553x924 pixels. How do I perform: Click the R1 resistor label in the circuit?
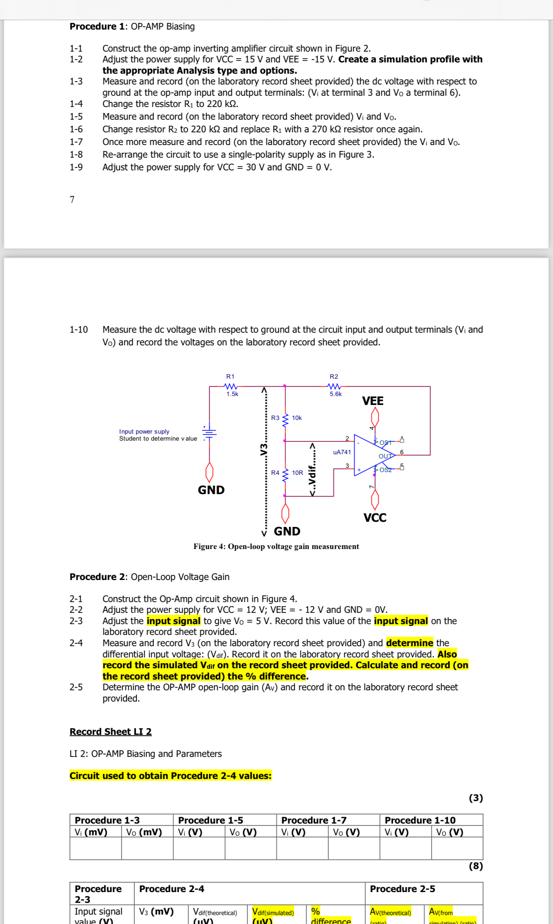click(x=230, y=376)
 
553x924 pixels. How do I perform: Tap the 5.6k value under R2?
click(x=335, y=394)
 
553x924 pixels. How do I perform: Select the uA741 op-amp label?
click(x=342, y=452)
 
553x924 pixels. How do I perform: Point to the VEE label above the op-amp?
click(x=373, y=401)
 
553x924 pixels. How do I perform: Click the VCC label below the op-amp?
click(x=375, y=518)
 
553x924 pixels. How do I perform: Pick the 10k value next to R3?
click(x=297, y=418)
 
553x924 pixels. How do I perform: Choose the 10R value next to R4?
click(x=297, y=473)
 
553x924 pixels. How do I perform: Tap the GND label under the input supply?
click(x=211, y=490)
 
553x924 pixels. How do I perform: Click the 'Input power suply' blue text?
click(x=144, y=431)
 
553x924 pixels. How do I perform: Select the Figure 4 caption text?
click(x=276, y=546)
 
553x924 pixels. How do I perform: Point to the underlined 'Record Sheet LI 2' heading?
click(x=111, y=732)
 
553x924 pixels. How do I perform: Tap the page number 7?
click(x=72, y=199)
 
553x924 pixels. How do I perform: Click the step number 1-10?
click(x=79, y=329)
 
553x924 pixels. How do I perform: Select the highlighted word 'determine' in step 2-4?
click(x=409, y=643)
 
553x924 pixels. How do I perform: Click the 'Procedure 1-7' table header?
click(x=314, y=820)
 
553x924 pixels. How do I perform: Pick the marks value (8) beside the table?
click(x=476, y=866)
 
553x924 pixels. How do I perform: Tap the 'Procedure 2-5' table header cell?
click(x=402, y=889)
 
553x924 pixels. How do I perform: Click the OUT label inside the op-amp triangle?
click(x=385, y=456)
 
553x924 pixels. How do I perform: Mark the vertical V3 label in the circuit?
click(x=264, y=449)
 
